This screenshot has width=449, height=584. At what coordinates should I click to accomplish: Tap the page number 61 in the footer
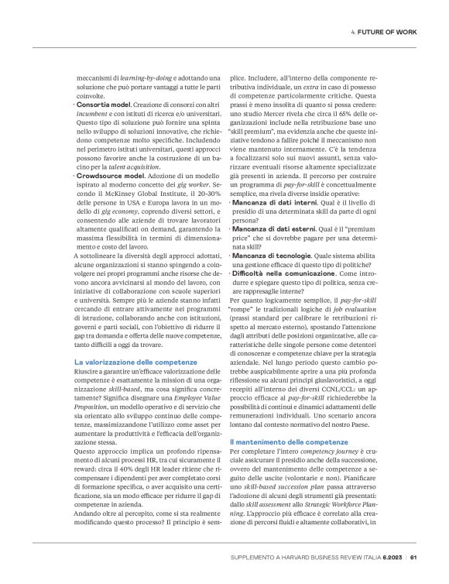(413, 555)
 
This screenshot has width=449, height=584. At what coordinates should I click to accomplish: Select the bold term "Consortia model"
(103, 103)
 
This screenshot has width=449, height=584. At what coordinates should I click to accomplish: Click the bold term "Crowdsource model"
(108, 177)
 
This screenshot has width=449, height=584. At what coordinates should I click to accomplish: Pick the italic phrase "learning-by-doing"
(146, 78)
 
